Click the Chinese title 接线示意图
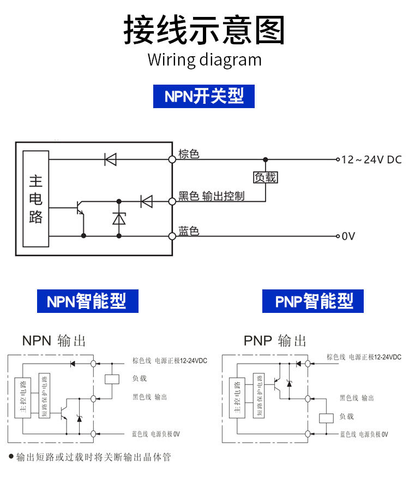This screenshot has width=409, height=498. (204, 30)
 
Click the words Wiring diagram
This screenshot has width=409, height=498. (204, 59)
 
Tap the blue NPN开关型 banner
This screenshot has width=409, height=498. (204, 96)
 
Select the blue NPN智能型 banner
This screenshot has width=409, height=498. (87, 301)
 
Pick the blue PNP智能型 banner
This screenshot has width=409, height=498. (313, 301)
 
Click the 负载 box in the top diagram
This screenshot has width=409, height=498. (266, 177)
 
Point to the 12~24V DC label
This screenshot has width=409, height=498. (371, 159)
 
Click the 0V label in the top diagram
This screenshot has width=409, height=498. (348, 236)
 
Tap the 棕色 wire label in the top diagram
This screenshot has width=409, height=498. (189, 153)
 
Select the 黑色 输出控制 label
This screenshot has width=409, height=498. (212, 195)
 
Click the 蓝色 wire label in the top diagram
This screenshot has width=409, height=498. (189, 231)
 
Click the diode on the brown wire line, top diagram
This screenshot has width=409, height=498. (111, 159)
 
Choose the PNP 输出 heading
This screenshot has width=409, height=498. (275, 341)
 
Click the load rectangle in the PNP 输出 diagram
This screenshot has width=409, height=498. (326, 418)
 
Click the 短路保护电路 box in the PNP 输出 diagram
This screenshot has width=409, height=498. (258, 396)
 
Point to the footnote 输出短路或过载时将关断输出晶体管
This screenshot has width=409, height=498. (93, 456)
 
